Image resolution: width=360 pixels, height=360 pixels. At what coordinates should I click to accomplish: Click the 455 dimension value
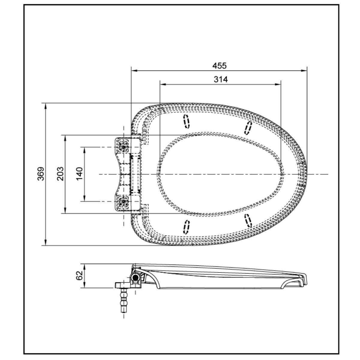click(x=220, y=65)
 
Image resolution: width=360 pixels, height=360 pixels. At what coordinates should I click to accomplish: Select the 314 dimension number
click(x=220, y=79)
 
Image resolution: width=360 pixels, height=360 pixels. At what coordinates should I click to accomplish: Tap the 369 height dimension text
click(x=41, y=174)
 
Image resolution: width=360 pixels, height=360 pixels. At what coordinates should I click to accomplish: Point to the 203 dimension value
click(x=61, y=174)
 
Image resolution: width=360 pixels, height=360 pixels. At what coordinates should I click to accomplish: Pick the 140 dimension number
click(x=79, y=174)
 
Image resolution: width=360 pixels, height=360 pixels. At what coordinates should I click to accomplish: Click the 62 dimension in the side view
click(x=79, y=276)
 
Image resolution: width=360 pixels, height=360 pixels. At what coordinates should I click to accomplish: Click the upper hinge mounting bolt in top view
click(x=123, y=146)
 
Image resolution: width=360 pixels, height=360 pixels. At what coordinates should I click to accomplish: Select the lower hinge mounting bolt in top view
click(x=123, y=202)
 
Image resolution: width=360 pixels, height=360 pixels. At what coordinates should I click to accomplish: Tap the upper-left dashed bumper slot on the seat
click(x=187, y=121)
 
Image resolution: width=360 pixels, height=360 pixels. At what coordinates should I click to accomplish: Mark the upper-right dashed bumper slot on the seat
click(x=248, y=128)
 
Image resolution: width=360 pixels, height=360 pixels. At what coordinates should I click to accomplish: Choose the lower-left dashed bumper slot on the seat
click(x=187, y=227)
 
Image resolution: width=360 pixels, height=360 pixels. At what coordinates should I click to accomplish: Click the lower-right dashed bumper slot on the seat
click(x=248, y=220)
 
